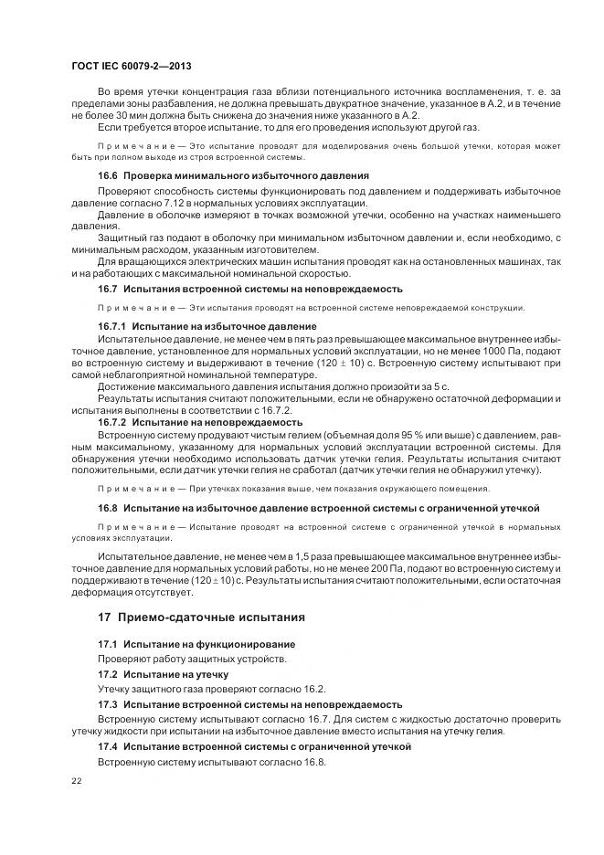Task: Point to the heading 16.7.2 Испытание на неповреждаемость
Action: (200, 422)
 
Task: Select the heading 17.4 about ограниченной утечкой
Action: (254, 746)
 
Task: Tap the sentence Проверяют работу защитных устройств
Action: (192, 660)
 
